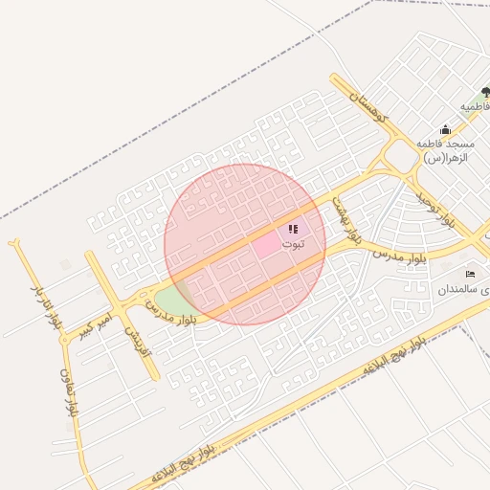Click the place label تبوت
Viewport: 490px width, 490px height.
tap(298, 245)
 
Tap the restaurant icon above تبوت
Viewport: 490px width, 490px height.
tap(292, 230)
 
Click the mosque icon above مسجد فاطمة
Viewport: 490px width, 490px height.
tap(445, 130)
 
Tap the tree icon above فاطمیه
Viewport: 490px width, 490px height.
tap(486, 92)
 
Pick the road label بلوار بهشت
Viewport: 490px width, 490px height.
tap(346, 219)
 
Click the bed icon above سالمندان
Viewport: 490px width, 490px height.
tap(469, 275)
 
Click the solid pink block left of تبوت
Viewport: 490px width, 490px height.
tap(267, 245)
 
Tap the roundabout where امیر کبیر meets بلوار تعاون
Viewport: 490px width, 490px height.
tap(62, 337)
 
